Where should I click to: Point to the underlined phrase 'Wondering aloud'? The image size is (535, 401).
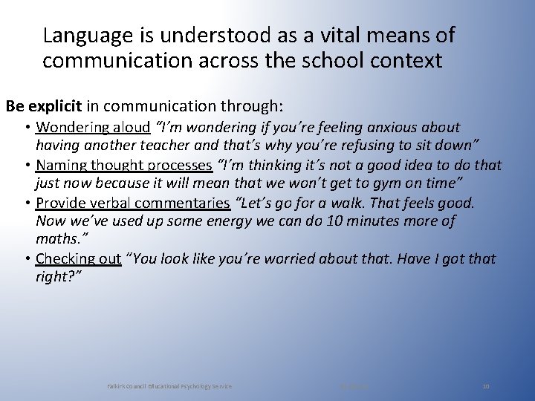(x=93, y=128)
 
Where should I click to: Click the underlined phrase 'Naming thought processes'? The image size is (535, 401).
(x=124, y=165)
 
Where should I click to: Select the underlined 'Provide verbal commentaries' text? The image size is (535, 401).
(x=133, y=202)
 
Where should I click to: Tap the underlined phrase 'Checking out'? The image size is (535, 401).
(x=78, y=258)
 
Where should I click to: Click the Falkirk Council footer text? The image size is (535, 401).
(x=169, y=386)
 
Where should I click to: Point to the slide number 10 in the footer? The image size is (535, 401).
(x=486, y=386)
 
